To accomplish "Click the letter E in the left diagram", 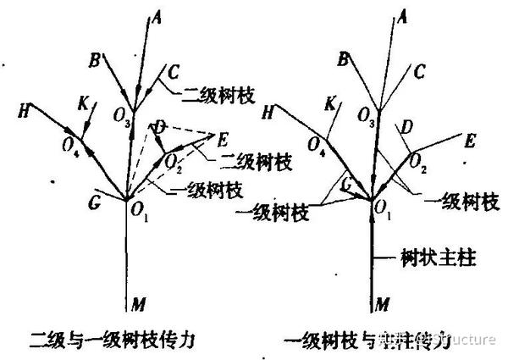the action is coord(223,138).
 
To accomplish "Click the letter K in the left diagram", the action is coord(83,104).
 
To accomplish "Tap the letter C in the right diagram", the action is coord(418,71).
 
